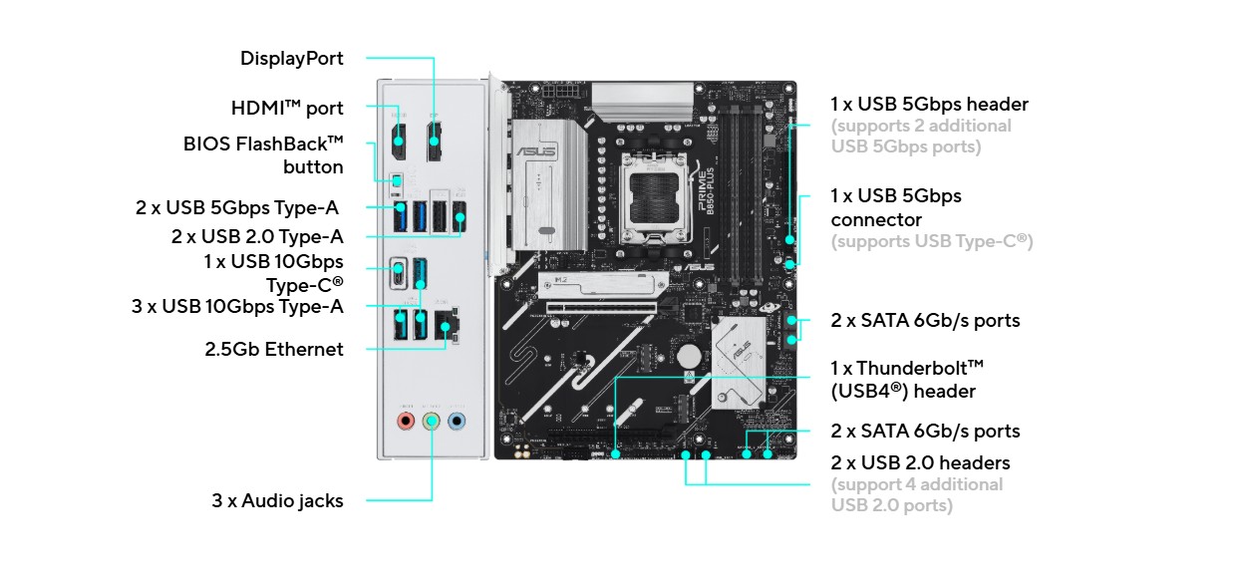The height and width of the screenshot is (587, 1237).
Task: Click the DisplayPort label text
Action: point(292,59)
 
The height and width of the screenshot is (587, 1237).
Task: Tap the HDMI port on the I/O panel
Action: point(399,142)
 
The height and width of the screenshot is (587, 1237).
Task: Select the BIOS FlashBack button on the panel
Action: point(397,181)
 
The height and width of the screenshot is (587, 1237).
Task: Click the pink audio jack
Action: point(406,422)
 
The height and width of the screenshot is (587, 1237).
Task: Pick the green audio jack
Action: point(432,422)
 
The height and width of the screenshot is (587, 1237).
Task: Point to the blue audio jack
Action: point(457,422)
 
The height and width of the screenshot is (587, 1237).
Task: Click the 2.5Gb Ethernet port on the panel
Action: point(447,325)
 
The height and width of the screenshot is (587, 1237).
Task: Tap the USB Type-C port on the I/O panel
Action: point(399,273)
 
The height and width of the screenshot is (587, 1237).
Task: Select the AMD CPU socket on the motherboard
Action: point(655,195)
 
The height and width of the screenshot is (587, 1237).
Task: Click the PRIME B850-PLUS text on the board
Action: point(707,191)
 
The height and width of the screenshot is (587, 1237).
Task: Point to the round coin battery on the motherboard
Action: point(689,356)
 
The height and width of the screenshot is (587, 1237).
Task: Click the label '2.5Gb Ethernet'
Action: point(274,350)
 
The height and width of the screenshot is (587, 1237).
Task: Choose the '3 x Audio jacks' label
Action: point(277,501)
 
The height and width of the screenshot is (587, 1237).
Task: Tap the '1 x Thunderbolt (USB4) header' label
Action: point(907,380)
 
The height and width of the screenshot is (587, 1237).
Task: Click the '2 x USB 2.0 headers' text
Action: point(920,462)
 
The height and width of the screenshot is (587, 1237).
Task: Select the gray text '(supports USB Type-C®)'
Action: point(932,241)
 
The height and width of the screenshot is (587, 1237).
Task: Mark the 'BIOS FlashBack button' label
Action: point(263,155)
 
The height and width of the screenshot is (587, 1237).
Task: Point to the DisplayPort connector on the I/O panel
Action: point(434,142)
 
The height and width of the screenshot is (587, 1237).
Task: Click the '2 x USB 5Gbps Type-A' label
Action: point(237,207)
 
